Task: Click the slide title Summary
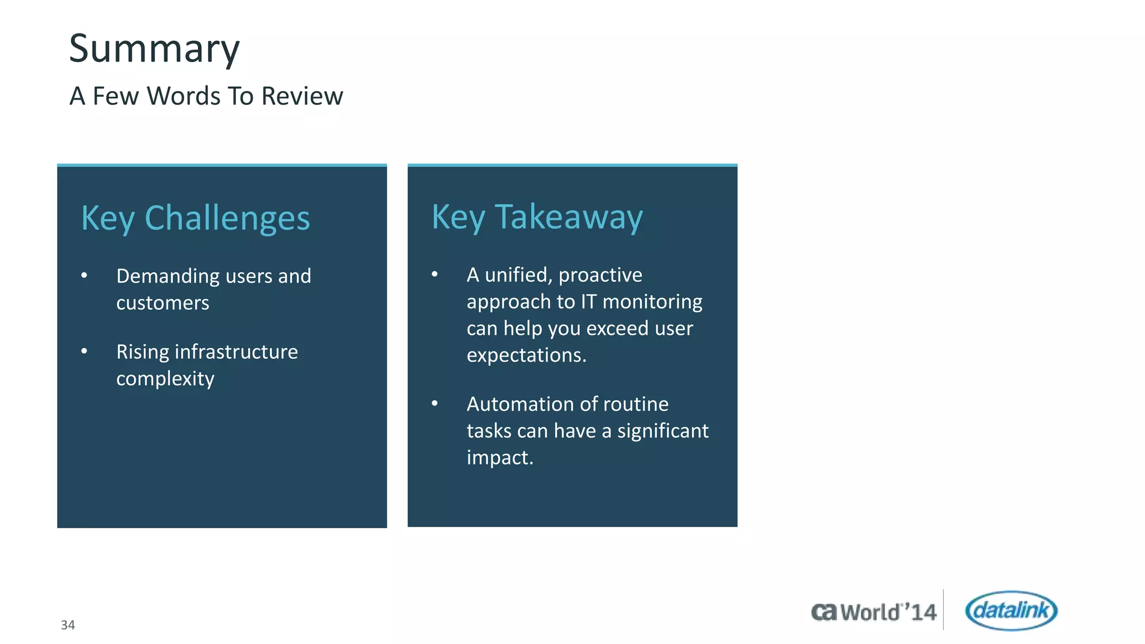(154, 49)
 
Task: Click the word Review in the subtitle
(302, 96)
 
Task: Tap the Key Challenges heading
(195, 218)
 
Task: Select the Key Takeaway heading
(537, 217)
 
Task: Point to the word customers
(163, 303)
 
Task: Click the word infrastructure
(236, 352)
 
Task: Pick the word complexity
(165, 379)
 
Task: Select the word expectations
(526, 356)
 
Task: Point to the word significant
(663, 431)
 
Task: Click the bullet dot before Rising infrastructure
(84, 351)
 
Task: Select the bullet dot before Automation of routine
(434, 403)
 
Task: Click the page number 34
(68, 625)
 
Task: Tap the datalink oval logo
(1011, 610)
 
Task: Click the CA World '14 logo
(873, 612)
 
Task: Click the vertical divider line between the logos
(943, 609)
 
